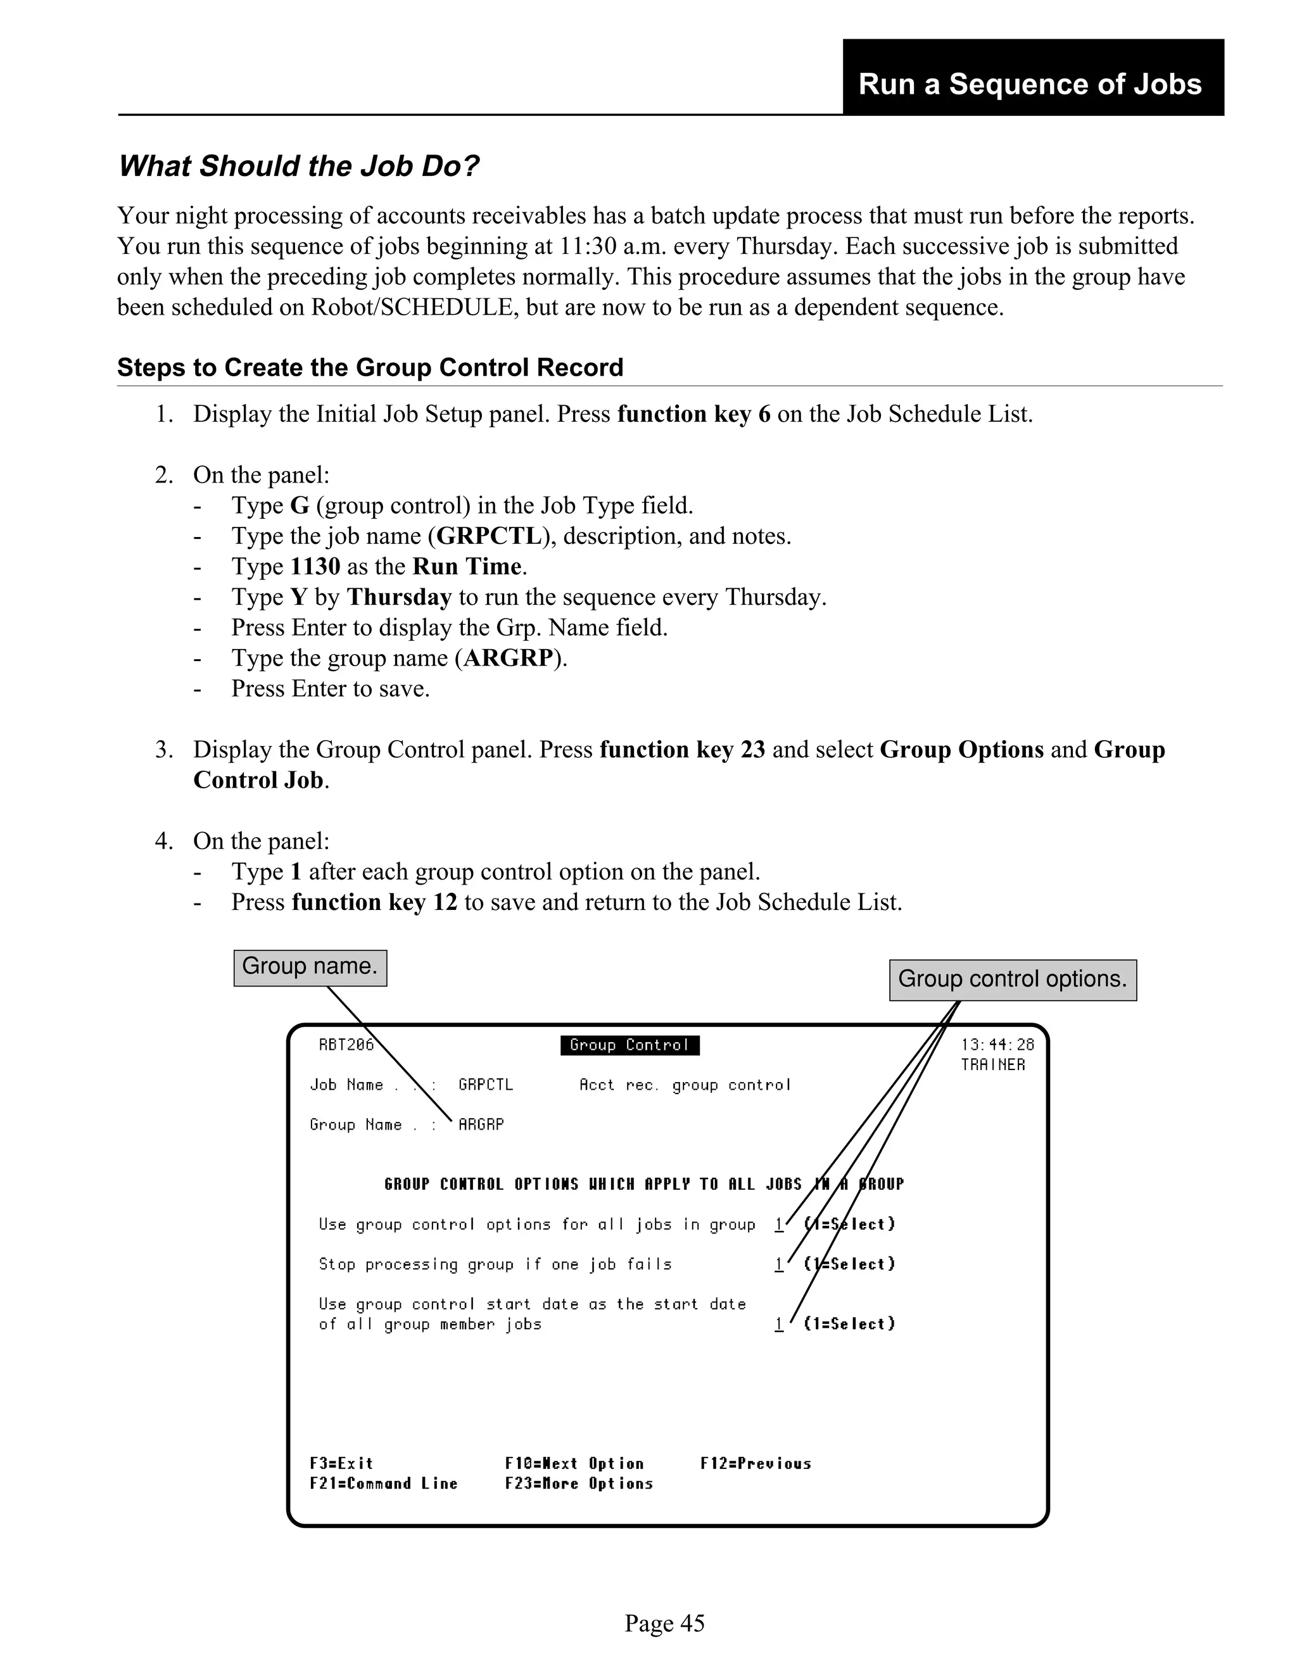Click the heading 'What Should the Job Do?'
[x=298, y=167]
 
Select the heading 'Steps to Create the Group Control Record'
[x=370, y=368]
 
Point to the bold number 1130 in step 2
[x=315, y=567]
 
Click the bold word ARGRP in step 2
[x=508, y=659]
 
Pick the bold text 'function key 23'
[x=681, y=750]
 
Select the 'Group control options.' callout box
[x=1012, y=980]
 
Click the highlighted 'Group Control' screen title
[x=630, y=1045]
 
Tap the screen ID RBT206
[x=346, y=1045]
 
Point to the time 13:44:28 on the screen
[x=997, y=1045]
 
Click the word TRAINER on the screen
[x=992, y=1065]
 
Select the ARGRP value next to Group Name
[x=481, y=1125]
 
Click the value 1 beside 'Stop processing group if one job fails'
[x=778, y=1264]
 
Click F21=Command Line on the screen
[x=383, y=1484]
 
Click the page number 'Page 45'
[x=664, y=1624]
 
